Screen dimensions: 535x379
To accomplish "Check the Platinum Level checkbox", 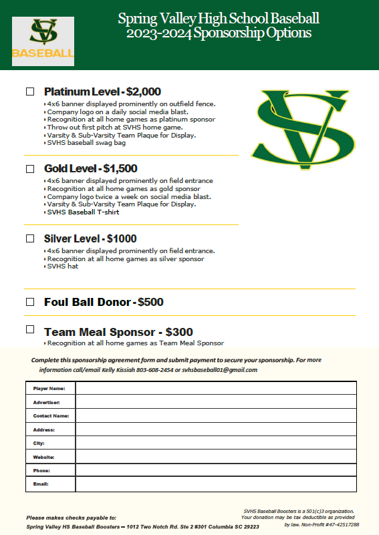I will [x=29, y=91].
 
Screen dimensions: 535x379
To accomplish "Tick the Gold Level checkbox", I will [x=29, y=168].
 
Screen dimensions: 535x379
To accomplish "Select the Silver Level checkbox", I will [x=29, y=238].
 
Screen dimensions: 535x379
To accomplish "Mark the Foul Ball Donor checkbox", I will [x=29, y=302].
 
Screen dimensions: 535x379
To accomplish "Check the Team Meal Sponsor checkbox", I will [x=29, y=329].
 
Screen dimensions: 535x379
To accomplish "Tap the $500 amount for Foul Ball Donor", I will [x=150, y=302].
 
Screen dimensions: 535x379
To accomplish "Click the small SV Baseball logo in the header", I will [x=43, y=41].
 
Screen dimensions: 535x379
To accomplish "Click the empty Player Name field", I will [x=215, y=388].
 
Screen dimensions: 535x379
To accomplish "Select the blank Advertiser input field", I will [x=215, y=402].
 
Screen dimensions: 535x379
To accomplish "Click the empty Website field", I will [x=215, y=457].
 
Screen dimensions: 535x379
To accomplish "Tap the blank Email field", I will [x=215, y=484].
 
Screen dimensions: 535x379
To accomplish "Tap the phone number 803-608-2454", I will [x=155, y=369].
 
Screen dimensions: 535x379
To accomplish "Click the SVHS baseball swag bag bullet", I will [x=86, y=142].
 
